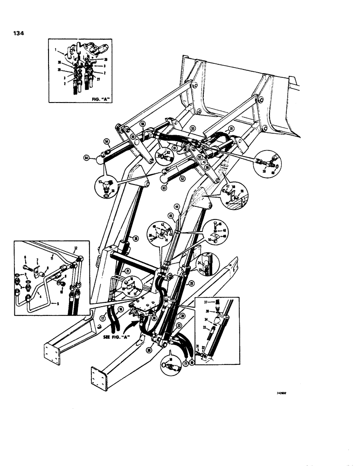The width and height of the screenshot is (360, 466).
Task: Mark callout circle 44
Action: (x=177, y=206)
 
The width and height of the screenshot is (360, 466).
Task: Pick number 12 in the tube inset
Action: (x=76, y=248)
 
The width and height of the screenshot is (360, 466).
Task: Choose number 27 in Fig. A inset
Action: (x=97, y=79)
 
